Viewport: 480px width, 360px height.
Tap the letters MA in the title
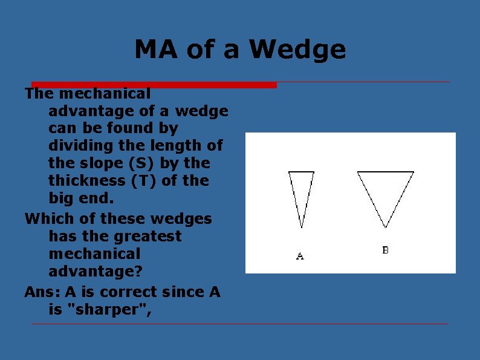157,50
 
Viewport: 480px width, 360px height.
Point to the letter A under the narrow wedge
300,256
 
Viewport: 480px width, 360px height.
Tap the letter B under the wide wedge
386,250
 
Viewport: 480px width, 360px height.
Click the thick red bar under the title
154,85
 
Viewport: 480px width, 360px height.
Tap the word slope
99,163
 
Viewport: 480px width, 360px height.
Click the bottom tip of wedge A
302,227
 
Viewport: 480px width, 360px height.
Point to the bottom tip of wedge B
386,227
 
